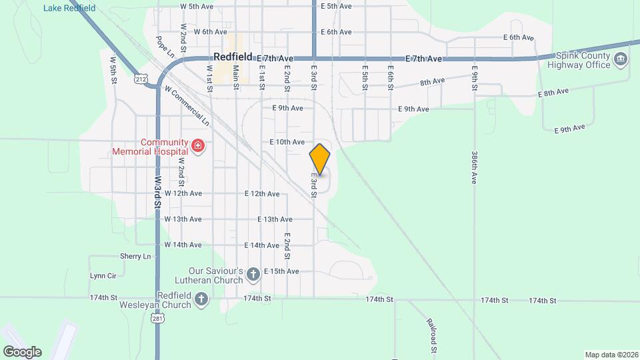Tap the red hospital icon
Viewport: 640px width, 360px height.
(197, 145)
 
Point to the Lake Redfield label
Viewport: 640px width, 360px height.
(69, 8)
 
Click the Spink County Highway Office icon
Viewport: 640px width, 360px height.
(621, 60)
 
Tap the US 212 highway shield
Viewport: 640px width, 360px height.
(141, 79)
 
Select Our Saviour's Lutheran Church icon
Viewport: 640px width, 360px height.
(253, 274)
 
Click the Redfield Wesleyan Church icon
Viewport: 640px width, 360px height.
(201, 301)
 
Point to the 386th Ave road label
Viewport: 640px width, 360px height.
(475, 167)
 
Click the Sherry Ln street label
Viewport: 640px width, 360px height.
(135, 256)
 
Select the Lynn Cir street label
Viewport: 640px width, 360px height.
(103, 275)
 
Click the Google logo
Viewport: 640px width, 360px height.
(21, 352)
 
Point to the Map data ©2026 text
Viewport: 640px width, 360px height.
(611, 355)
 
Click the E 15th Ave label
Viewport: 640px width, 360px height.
(281, 271)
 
